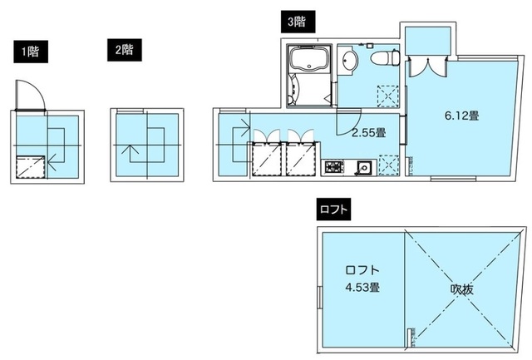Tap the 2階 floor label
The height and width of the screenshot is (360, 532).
click(124, 49)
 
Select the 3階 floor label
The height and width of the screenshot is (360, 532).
click(296, 22)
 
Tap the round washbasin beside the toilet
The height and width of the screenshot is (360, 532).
click(349, 61)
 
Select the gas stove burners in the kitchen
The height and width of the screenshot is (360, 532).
click(334, 168)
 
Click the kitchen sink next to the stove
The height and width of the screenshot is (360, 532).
click(363, 168)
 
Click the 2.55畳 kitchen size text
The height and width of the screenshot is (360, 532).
click(367, 132)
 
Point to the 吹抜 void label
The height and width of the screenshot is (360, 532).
click(462, 289)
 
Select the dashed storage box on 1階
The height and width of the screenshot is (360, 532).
click(31, 167)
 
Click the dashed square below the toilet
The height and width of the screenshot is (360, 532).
click(387, 95)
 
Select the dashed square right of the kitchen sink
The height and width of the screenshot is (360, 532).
click(387, 165)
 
